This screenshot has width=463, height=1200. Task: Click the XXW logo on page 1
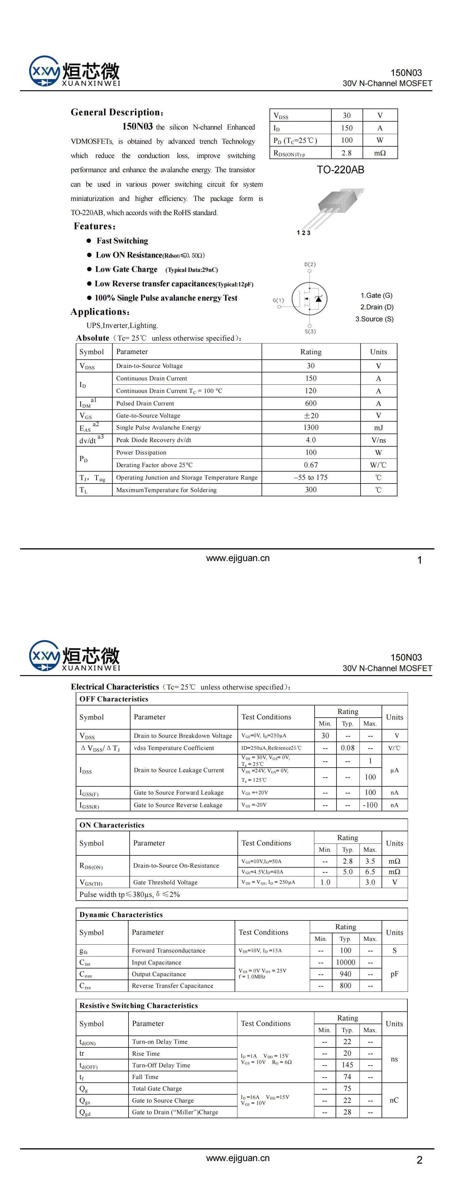click(x=45, y=71)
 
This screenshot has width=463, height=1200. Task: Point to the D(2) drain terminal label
click(x=310, y=264)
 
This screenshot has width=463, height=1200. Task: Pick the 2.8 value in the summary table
click(x=347, y=153)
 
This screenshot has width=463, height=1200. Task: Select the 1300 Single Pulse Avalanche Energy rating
click(x=311, y=428)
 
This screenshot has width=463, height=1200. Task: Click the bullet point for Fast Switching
click(x=89, y=241)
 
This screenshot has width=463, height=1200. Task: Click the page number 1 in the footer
click(x=419, y=560)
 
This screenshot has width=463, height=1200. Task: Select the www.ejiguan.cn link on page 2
click(x=238, y=1158)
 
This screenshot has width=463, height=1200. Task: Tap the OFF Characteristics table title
click(x=113, y=699)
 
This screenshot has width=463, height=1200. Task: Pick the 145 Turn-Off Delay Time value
click(x=347, y=1065)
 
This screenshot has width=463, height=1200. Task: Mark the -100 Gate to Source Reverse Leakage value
click(x=370, y=805)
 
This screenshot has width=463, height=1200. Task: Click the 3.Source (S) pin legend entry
click(x=374, y=319)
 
